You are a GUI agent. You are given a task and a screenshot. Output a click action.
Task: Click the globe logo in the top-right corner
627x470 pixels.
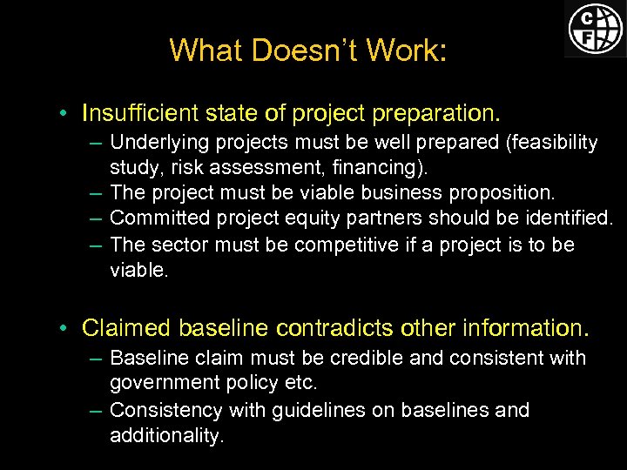click(596, 29)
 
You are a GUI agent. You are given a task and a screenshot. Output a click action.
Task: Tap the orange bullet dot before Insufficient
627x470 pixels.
click(65, 114)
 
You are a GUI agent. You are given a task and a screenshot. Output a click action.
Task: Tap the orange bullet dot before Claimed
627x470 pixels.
click(65, 328)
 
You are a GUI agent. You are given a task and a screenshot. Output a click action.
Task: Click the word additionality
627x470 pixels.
click(165, 435)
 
